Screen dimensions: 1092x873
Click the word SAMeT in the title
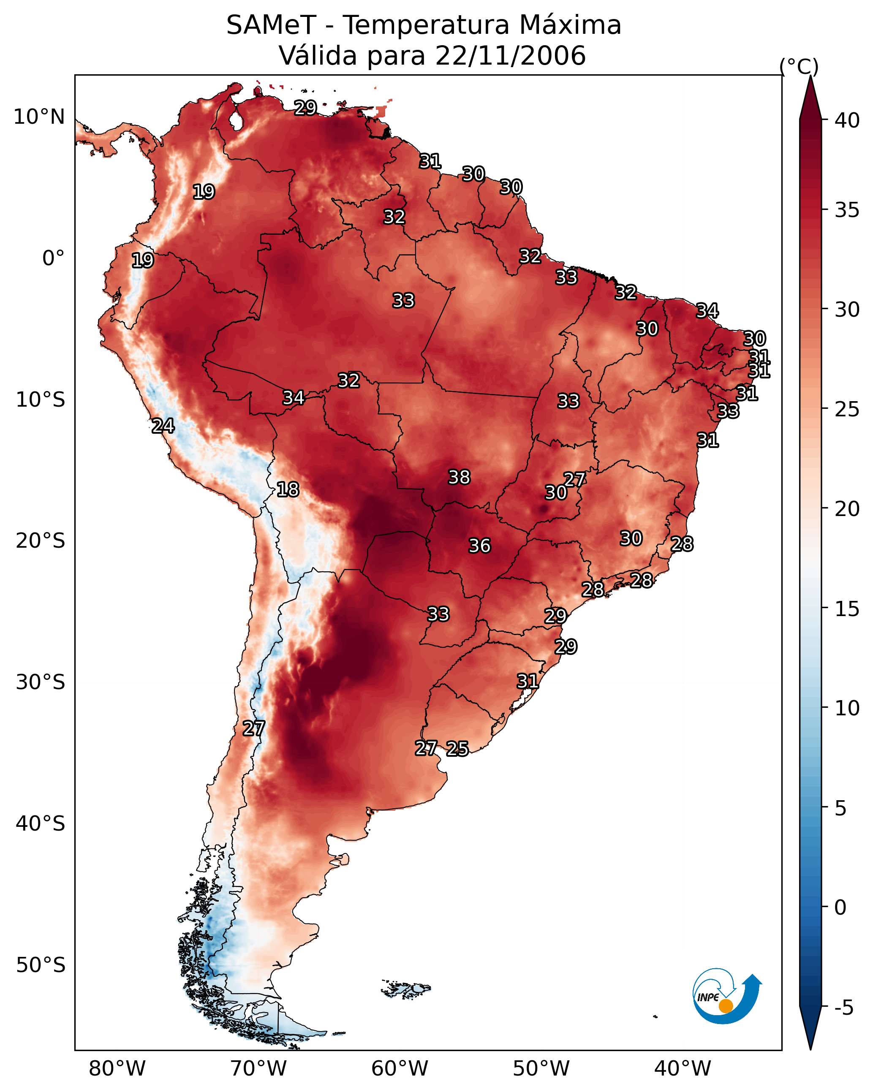pos(271,25)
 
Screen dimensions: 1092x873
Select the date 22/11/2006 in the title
pos(510,56)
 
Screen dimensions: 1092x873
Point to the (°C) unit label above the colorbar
pos(799,66)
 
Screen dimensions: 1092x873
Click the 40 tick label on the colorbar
pos(847,120)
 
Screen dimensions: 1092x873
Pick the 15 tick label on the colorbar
pos(847,609)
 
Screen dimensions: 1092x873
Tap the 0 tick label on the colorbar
pos(840,907)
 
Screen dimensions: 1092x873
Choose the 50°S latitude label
pos(41,965)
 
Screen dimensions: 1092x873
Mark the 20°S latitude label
pos(41,541)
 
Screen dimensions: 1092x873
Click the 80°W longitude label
pos(117,1069)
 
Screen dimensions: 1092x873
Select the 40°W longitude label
pos(683,1069)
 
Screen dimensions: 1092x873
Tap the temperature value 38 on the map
pos(459,477)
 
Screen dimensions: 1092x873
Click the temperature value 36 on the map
pos(479,546)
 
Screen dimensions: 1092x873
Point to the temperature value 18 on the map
pos(288,490)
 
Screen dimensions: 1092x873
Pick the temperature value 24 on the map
pos(163,426)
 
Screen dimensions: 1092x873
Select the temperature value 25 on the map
pos(457,749)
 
